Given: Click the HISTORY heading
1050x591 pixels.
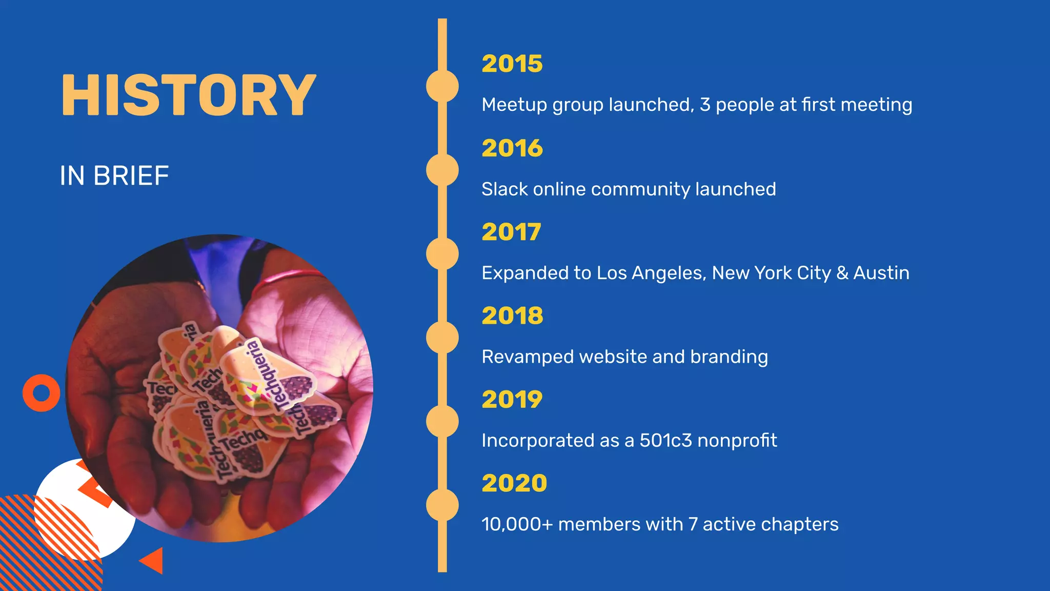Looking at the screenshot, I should [x=188, y=95].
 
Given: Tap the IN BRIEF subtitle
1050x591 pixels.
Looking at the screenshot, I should [x=114, y=176].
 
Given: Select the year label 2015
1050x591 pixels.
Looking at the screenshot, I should [x=512, y=64].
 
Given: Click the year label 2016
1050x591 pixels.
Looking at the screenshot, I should [x=512, y=148].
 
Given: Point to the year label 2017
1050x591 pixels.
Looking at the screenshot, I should [x=511, y=232].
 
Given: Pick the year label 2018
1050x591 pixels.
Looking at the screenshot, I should [x=512, y=316].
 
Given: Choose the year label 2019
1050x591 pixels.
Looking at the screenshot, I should [x=512, y=400].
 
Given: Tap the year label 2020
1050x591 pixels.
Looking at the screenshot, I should [x=514, y=483].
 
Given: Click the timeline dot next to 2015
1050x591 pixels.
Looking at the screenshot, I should [x=442, y=86].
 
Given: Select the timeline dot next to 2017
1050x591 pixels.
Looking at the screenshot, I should [x=442, y=254].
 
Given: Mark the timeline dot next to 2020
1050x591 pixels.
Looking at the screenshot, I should [x=442, y=505].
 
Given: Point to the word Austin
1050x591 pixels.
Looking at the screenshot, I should [x=881, y=273].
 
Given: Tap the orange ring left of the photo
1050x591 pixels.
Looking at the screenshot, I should [x=42, y=393].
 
